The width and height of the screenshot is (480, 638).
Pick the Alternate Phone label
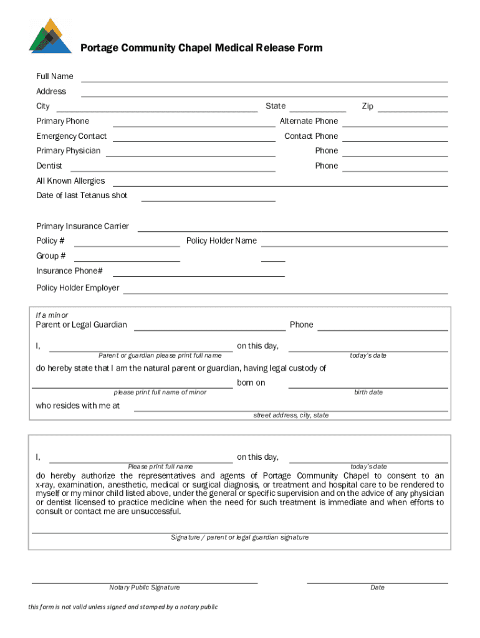[309, 121]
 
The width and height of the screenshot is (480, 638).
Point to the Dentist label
[49, 166]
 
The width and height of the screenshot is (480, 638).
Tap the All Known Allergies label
[70, 181]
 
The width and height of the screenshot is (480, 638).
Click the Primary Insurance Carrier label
[83, 226]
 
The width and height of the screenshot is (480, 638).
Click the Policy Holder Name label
[221, 240]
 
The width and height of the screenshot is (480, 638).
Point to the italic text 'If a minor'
[52, 315]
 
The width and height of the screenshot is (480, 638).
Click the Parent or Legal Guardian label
[81, 325]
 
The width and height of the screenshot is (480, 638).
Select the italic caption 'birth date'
[368, 393]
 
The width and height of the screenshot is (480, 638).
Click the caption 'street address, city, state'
[291, 415]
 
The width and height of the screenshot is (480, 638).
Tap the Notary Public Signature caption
[145, 588]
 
